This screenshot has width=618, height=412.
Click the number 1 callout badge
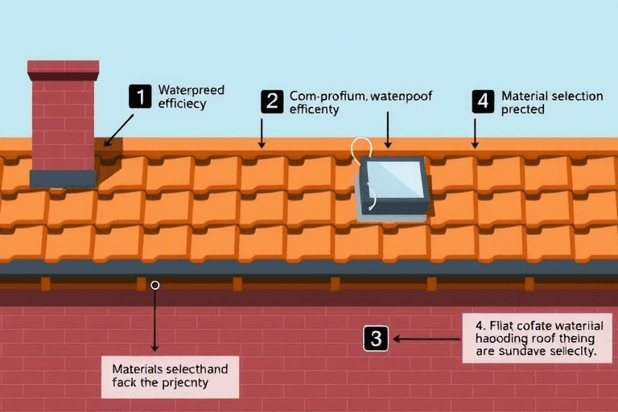[x=140, y=97]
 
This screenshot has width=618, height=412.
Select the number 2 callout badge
[x=272, y=101]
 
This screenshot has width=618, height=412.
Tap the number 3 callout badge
[x=376, y=339]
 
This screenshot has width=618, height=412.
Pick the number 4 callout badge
[x=482, y=101]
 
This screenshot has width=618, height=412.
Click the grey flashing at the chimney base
[x=63, y=178]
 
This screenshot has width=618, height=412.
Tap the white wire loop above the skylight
[x=362, y=149]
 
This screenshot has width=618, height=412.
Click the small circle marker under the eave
[x=155, y=285]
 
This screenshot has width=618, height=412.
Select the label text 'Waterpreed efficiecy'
[x=192, y=97]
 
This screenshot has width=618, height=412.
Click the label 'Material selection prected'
[x=551, y=102]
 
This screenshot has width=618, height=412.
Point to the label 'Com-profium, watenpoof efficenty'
[x=360, y=102]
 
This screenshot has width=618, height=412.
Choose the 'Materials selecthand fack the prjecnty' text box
[x=171, y=376]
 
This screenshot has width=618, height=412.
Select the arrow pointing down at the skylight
[x=388, y=130]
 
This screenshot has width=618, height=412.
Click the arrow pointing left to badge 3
[x=426, y=339]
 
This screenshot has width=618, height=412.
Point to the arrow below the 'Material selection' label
[x=475, y=133]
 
